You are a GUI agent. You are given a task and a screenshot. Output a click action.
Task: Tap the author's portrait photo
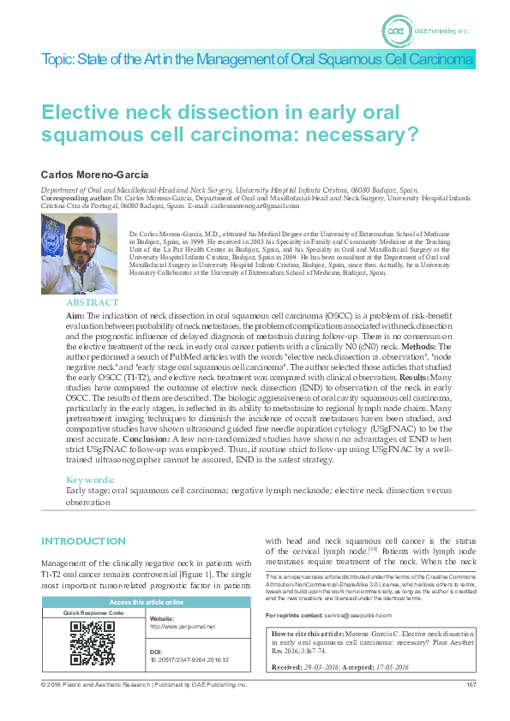tap(79, 253)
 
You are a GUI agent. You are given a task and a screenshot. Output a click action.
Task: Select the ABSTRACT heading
tap(93, 302)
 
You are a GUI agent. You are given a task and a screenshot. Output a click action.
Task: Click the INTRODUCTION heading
tap(83, 541)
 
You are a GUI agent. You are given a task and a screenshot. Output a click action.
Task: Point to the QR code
tap(92, 643)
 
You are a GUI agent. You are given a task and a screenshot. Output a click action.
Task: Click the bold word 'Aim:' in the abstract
tap(75, 316)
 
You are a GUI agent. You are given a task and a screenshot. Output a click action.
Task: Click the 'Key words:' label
tap(91, 480)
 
